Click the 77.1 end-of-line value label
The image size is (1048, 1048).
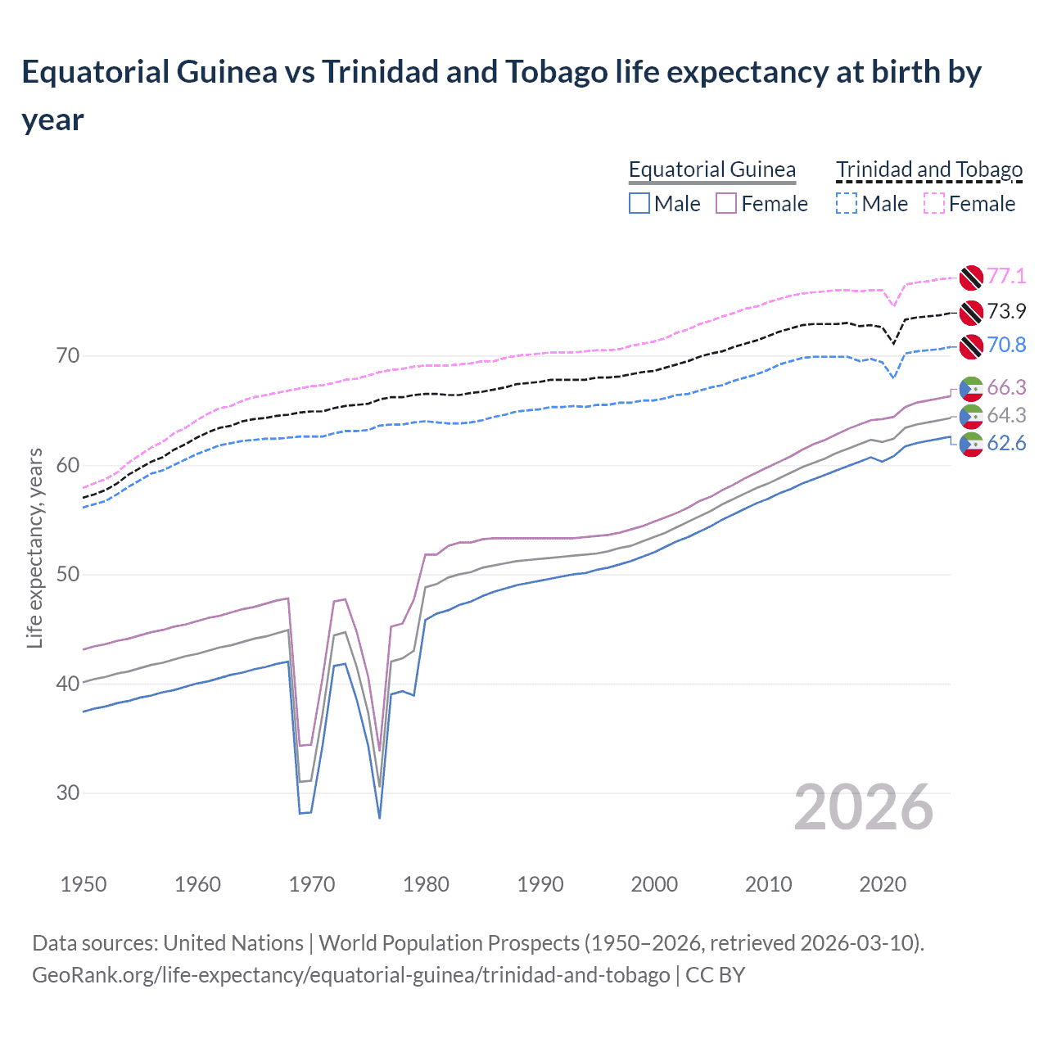(1006, 276)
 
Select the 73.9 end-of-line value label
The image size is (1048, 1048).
(1006, 311)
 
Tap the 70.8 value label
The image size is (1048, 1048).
(1006, 345)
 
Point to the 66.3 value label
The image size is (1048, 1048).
(1006, 387)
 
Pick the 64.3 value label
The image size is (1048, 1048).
(1006, 415)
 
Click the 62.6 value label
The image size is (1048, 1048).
(1006, 443)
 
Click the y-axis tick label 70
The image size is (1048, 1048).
(68, 355)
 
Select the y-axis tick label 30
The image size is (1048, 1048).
(68, 792)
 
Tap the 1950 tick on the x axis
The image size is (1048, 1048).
(84, 884)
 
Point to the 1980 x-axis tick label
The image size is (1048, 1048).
(426, 884)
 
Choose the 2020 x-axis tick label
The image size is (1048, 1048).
(883, 884)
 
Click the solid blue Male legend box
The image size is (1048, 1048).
(639, 203)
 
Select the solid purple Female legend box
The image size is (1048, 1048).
(726, 203)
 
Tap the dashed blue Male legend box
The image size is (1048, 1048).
(847, 203)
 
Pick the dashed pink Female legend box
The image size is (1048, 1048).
(934, 203)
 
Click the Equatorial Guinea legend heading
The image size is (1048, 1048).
(711, 169)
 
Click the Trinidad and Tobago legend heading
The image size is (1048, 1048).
(929, 169)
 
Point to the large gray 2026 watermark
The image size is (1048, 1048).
(863, 807)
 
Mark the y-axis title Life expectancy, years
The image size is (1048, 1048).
(34, 548)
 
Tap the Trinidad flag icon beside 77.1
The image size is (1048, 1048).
(970, 278)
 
